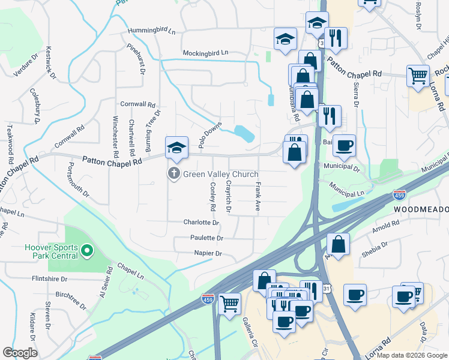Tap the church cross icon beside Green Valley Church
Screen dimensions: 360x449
click(174, 174)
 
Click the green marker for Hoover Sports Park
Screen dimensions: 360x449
click(87, 250)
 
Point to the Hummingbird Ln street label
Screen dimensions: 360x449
click(151, 31)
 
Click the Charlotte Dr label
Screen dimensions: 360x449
click(202, 222)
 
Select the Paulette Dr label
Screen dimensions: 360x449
click(207, 238)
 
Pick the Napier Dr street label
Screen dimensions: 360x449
click(208, 254)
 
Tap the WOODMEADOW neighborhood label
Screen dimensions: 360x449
click(421, 209)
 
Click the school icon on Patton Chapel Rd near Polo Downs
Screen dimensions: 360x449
click(177, 147)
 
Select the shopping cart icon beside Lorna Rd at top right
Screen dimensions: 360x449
click(418, 76)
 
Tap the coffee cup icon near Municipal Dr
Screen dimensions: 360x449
click(344, 145)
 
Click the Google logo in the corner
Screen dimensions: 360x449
click(20, 353)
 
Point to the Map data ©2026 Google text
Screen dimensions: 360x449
click(411, 355)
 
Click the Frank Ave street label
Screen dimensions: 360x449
click(258, 197)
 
